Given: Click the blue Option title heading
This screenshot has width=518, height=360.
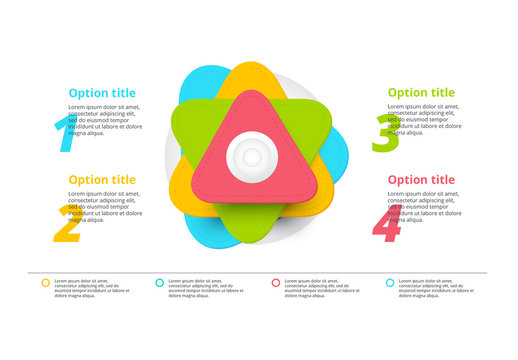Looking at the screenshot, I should pyautogui.click(x=102, y=93).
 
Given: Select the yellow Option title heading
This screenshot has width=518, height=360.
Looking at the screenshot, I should pyautogui.click(x=102, y=180).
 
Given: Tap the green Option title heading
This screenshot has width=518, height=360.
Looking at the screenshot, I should pyautogui.click(x=421, y=93).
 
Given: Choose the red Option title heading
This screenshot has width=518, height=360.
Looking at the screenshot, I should pyautogui.click(x=421, y=180).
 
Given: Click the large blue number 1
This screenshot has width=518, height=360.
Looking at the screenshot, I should pyautogui.click(x=65, y=134).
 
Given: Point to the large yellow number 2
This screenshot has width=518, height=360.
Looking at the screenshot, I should pyautogui.click(x=66, y=224).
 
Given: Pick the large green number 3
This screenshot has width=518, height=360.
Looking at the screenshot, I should pyautogui.click(x=384, y=134).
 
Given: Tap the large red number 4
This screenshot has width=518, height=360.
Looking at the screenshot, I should pyautogui.click(x=386, y=224).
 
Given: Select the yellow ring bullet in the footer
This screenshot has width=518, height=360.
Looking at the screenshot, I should pyautogui.click(x=45, y=283).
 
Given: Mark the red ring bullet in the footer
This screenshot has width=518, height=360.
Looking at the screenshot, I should pyautogui.click(x=275, y=283).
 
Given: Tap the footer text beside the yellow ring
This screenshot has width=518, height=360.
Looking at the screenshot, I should pyautogui.click(x=91, y=288).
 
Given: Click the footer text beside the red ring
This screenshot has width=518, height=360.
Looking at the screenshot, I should pyautogui.click(x=321, y=288).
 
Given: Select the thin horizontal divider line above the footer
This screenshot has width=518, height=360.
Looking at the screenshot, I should pyautogui.click(x=260, y=272).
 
